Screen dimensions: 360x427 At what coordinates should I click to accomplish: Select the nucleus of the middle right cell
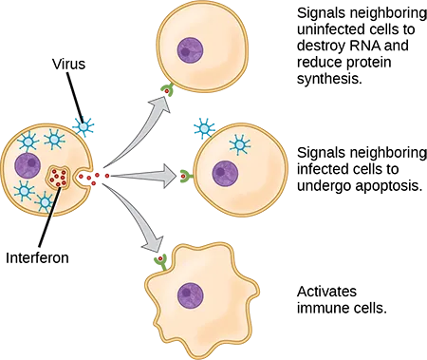coord(225,173)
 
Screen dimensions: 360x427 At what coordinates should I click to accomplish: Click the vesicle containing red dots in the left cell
coord(60,176)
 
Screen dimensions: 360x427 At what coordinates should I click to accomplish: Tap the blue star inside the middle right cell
coord(241,146)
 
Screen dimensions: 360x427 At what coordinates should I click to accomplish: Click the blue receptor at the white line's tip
coord(83,124)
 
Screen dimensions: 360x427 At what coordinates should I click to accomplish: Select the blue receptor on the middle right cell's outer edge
coord(202,127)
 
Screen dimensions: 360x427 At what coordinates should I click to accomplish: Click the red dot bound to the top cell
coord(168,92)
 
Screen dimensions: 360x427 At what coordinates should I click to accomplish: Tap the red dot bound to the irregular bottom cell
coord(159,257)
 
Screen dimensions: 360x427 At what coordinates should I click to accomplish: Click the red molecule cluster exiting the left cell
coord(96,177)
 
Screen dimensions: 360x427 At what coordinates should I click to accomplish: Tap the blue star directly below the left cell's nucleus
coord(24,189)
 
